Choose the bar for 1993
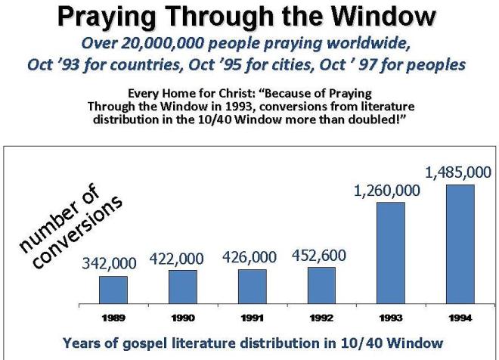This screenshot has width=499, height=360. coord(391,253)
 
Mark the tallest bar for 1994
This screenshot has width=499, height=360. coord(460,244)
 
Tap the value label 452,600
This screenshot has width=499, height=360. coord(319,255)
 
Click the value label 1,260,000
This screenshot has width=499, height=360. coord(387,191)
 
